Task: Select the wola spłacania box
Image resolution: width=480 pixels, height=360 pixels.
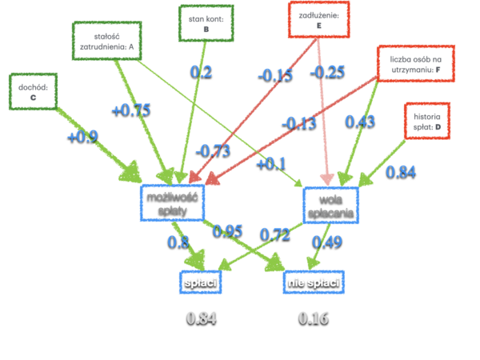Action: coord(330,205)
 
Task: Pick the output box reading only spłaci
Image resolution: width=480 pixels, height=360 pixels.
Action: coord(199,282)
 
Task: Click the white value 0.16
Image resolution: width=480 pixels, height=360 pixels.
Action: coord(313,318)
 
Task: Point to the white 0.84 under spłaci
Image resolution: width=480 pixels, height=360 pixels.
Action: coord(202,318)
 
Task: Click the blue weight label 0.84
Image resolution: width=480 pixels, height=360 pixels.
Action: coord(401,171)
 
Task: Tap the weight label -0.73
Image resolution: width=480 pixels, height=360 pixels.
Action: coord(213,150)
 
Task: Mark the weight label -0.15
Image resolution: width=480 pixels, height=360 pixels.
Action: coord(274,75)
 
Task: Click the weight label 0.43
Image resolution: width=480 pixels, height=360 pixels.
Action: coord(360,121)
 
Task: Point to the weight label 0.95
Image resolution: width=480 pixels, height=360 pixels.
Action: coord(228,230)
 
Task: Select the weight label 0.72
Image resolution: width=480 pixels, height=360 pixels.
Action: coord(275,234)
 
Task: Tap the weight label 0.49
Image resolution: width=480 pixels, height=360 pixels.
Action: coord(327,241)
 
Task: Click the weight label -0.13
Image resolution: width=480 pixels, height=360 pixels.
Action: coord(298,122)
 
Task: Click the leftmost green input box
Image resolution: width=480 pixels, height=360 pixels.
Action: coord(33,91)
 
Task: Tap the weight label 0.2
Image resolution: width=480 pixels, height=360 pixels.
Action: coord(201,72)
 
